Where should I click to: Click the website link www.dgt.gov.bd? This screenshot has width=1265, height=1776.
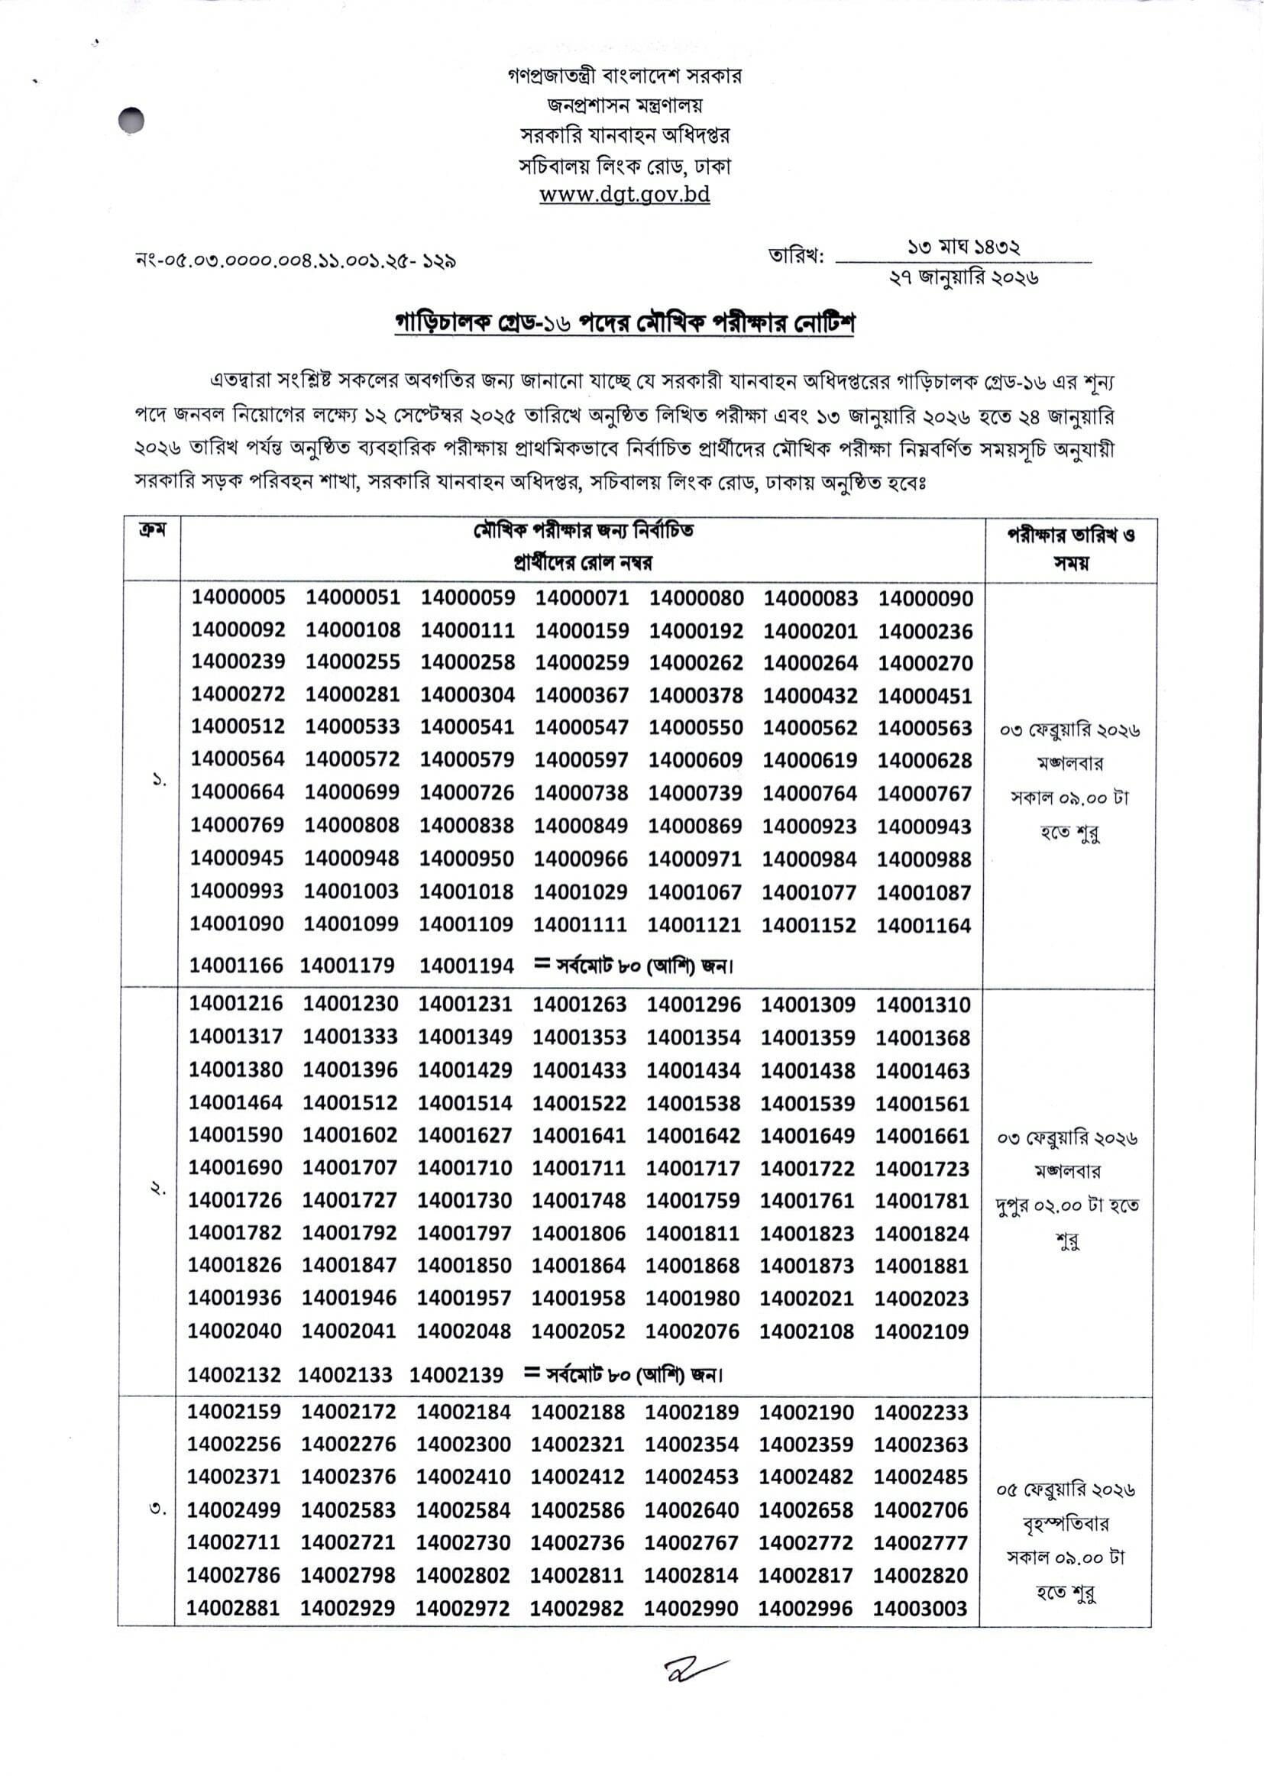coord(624,195)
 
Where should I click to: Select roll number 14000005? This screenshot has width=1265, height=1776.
coord(238,597)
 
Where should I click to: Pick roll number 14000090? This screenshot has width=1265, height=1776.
coord(925,599)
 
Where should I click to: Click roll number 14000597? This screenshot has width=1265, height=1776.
coord(581,759)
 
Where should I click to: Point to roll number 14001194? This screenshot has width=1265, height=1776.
coord(467,966)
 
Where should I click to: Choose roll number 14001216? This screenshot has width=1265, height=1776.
coord(235,1004)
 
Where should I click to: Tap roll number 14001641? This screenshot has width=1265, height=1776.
coord(579,1136)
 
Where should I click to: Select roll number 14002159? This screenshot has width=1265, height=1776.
coord(234,1412)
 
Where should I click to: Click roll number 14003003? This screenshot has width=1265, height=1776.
coord(920,1609)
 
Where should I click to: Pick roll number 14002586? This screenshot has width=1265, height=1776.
coord(577,1510)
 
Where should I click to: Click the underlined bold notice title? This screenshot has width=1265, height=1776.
coord(624,323)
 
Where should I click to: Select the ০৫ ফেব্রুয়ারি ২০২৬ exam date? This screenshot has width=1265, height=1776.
coord(1066,1491)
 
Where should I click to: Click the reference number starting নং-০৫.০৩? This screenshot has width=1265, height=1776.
coord(296,260)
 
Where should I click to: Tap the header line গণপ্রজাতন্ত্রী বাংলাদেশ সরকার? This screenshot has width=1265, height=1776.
coord(624,76)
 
